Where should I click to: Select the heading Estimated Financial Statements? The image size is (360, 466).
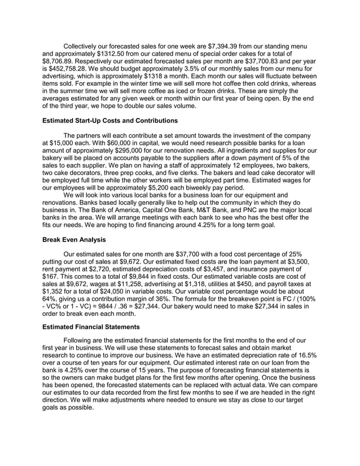[x=91, y=327]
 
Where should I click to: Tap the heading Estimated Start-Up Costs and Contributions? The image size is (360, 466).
[x=110, y=121]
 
